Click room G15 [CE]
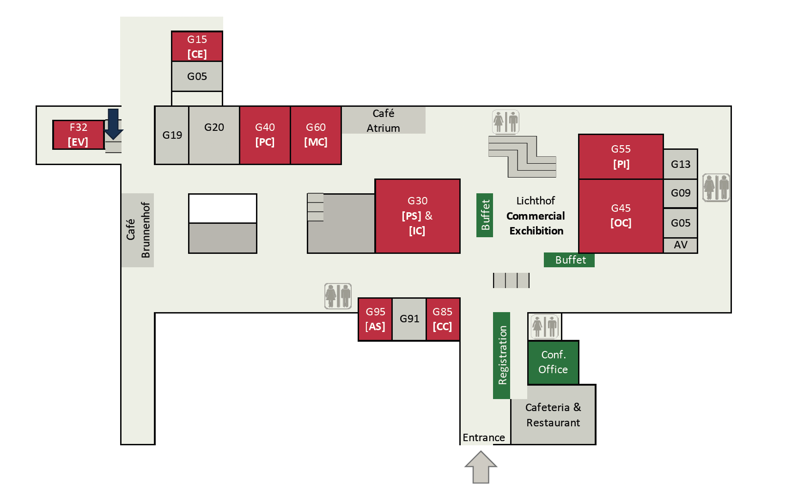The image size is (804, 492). tap(197, 46)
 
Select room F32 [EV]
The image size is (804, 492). tap(78, 135)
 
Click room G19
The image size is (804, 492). tap(172, 135)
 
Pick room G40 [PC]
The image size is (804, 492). tap(265, 135)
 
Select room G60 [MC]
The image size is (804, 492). tap(316, 135)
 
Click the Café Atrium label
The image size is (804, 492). tap(383, 121)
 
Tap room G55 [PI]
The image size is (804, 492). tap(621, 156)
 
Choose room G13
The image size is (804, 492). tap(680, 164)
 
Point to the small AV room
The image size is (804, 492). tap(680, 245)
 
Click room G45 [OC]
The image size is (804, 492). tap(621, 215)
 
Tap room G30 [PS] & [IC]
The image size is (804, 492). tap(417, 216)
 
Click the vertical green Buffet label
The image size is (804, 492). tap(485, 215)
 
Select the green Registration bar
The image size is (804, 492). tap(502, 355)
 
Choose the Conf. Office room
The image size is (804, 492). tap(553, 362)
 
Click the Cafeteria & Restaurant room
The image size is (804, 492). tap(553, 415)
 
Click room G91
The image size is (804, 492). tap(409, 319)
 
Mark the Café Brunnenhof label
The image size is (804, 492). tap(138, 230)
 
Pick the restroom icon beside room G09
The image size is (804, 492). tap(716, 187)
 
